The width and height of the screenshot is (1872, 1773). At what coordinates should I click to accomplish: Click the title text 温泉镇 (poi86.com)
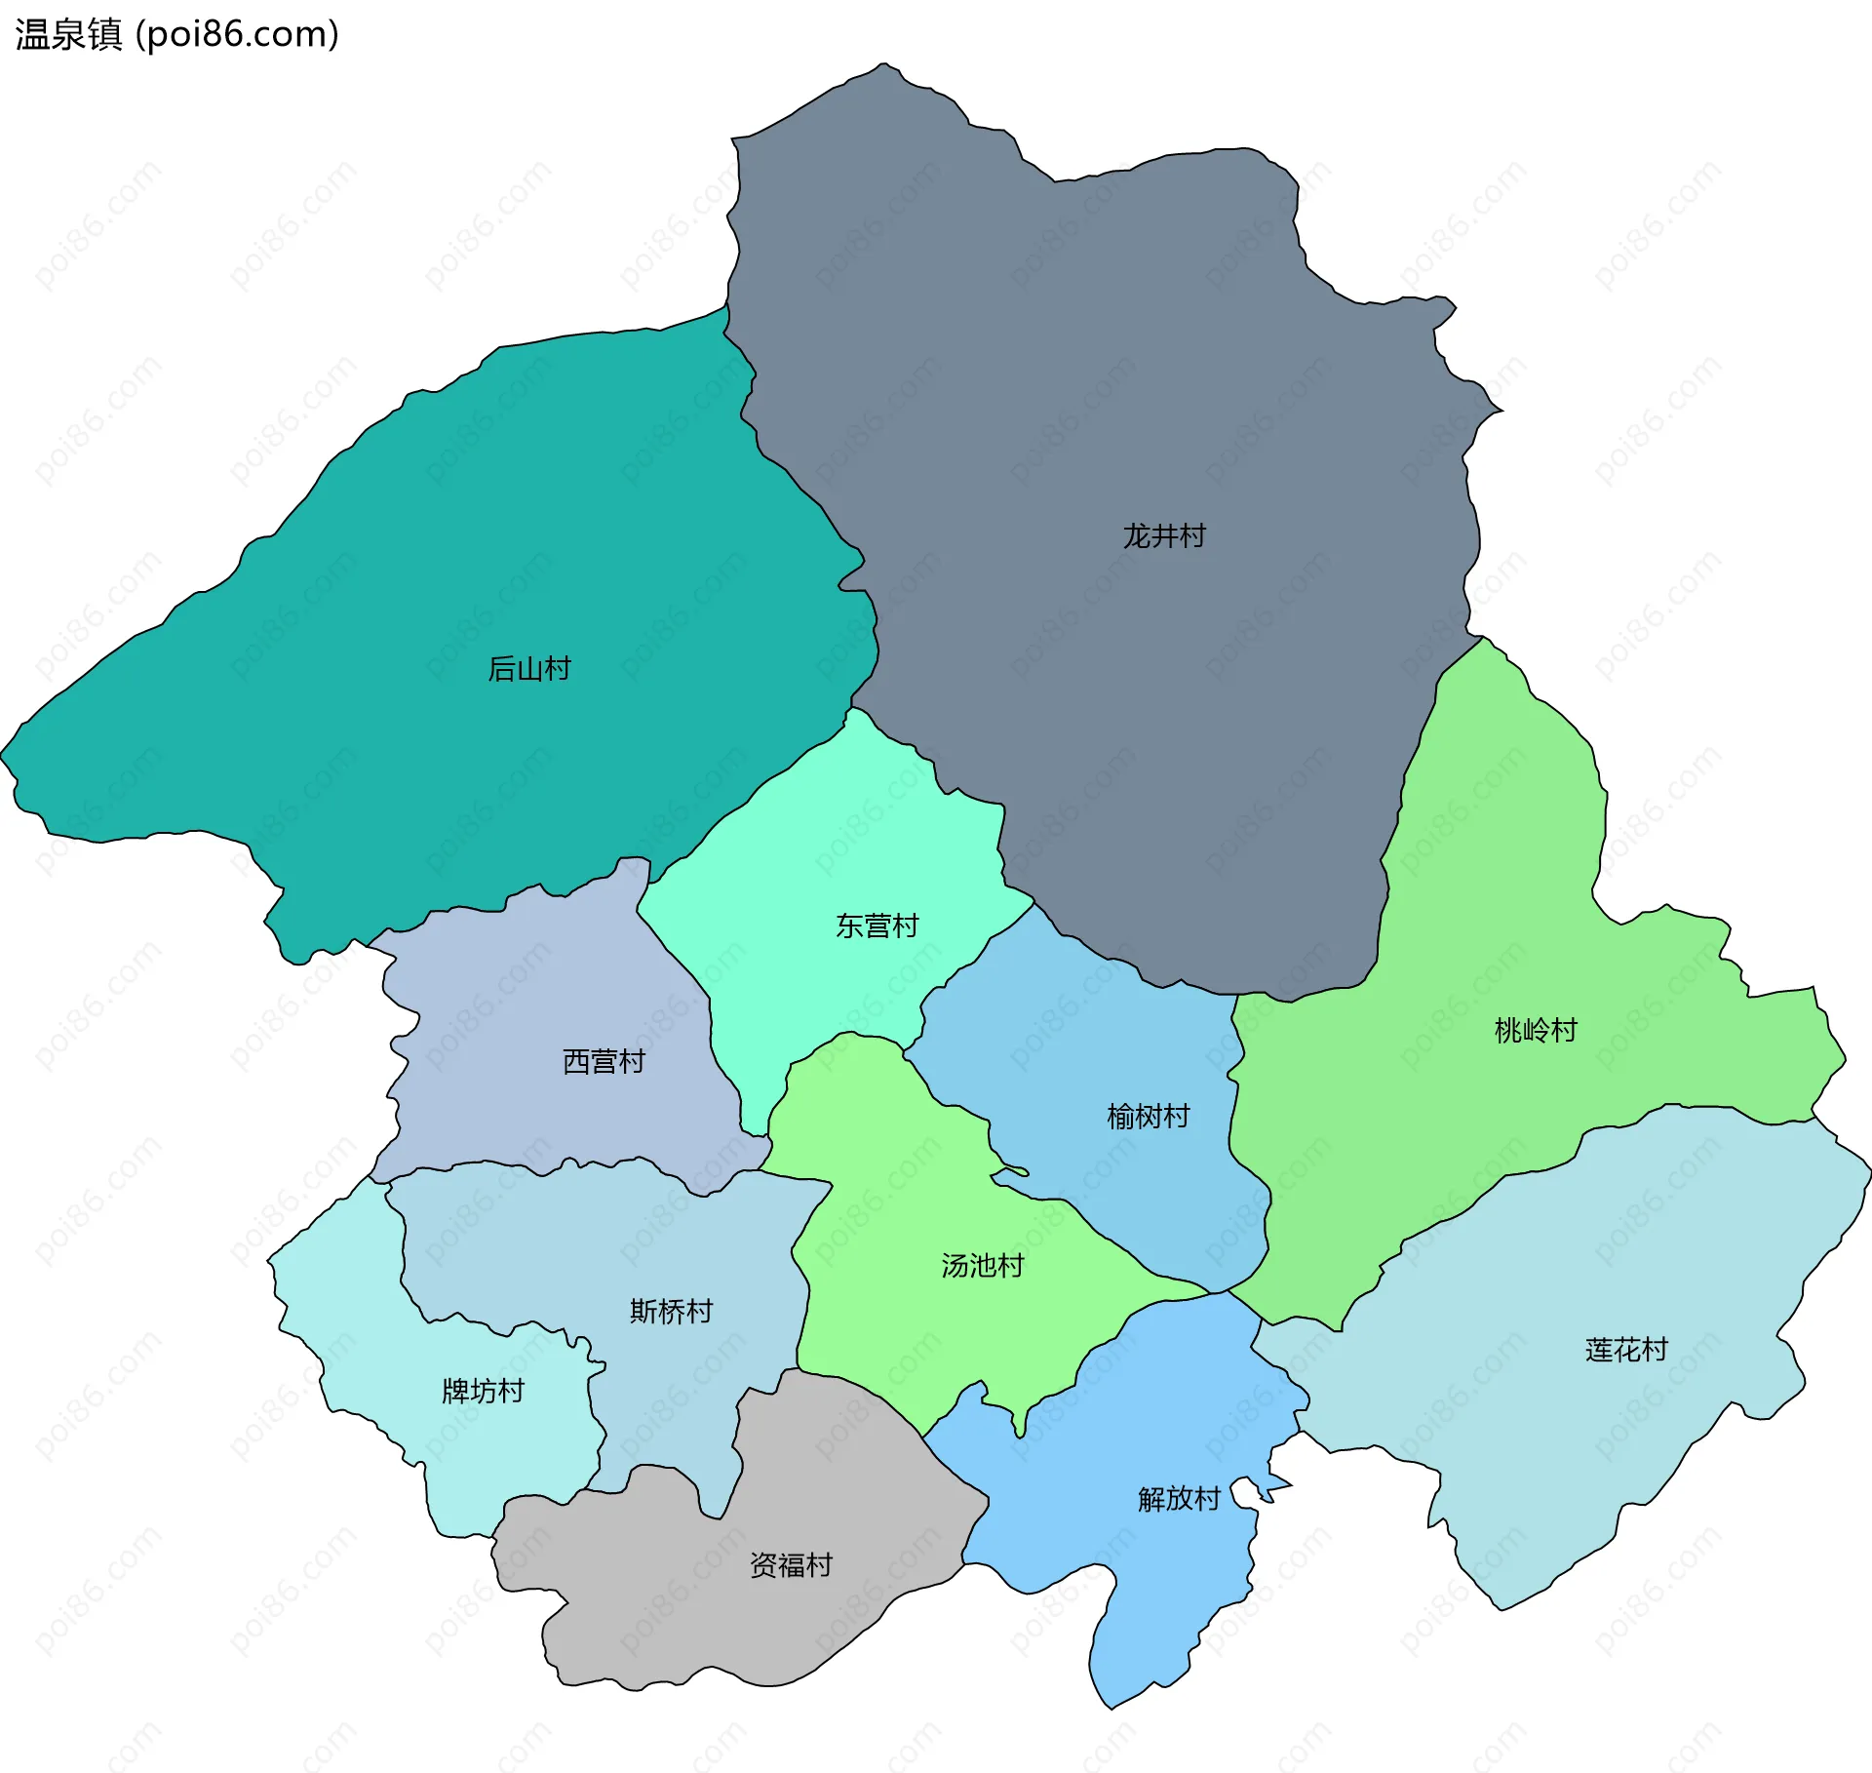176,34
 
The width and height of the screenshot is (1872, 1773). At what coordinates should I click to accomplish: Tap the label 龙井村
1163,535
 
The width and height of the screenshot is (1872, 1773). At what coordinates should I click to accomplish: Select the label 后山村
528,668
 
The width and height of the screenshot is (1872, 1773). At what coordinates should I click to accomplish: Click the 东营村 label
877,926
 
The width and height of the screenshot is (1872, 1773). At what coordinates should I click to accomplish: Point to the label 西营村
604,1061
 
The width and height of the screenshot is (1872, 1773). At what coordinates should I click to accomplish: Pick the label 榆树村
1148,1116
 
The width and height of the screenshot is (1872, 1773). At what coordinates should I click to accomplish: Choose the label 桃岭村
1535,1030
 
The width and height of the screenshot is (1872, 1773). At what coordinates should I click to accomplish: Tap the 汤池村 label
982,1266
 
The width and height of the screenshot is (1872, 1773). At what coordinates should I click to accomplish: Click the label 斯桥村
671,1311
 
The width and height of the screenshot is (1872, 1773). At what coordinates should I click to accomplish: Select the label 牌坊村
483,1391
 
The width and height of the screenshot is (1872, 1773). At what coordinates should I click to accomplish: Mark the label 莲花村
1625,1350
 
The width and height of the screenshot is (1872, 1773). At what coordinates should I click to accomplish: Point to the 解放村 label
1178,1499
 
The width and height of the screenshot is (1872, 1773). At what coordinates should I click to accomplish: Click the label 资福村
790,1565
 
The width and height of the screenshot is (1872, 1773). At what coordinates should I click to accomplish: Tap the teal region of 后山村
390,585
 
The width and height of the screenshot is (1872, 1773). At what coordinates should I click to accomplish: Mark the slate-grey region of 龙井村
1072,341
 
